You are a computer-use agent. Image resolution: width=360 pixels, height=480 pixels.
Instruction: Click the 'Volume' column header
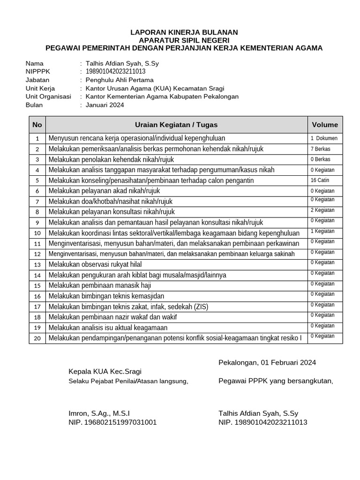[325, 125]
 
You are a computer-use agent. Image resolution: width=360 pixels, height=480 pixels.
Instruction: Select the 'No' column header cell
[37, 125]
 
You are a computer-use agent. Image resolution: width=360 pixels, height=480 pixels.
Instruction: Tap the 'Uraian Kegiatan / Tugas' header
[176, 125]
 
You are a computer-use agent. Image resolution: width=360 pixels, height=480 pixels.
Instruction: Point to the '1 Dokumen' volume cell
[323, 138]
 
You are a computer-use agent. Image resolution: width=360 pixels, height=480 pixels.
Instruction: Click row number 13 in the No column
[37, 264]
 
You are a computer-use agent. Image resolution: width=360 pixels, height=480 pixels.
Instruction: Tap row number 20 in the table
[37, 338]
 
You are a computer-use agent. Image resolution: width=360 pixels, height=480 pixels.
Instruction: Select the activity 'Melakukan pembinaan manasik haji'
[100, 285]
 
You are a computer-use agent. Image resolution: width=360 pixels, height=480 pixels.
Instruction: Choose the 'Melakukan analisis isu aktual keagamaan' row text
[108, 328]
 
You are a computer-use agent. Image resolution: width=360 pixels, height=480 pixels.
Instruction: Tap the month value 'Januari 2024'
[105, 105]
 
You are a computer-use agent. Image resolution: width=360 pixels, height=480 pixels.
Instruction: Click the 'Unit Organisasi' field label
[48, 97]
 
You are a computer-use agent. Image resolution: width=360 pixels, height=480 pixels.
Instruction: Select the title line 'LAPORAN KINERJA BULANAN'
[184, 32]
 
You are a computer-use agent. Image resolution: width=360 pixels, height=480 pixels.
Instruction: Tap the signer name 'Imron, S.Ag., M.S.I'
[99, 413]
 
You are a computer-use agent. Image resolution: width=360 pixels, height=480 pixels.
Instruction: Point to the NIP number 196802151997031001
[112, 422]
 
